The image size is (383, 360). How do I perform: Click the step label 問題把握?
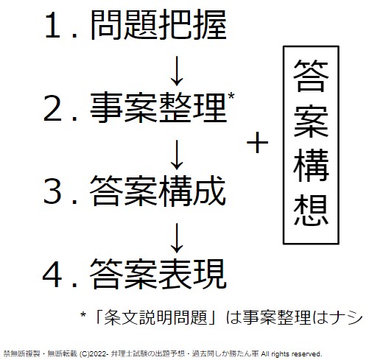tap(158, 25)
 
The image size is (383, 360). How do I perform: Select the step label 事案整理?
tap(158, 107)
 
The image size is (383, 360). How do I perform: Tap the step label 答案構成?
tap(158, 191)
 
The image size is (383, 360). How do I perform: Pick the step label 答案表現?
tap(158, 274)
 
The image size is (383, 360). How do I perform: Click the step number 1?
tap(52, 25)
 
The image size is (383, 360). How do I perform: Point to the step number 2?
tap(52, 108)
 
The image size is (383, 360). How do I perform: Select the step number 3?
tap(52, 191)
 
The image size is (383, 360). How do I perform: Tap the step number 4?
tap(52, 275)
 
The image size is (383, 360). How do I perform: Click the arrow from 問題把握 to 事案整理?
tap(177, 71)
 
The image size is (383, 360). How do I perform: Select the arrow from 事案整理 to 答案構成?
tap(177, 155)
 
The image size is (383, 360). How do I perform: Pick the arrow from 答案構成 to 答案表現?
tap(177, 238)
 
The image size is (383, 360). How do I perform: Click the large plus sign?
tap(257, 143)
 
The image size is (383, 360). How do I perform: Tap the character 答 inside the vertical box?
tap(311, 76)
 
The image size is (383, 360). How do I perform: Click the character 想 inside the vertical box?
tap(311, 210)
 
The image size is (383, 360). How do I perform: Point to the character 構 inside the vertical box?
tap(311, 166)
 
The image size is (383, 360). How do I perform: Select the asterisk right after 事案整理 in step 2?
tap(231, 96)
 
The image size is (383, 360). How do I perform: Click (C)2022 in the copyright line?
tap(94, 354)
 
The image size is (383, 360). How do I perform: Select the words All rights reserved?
tap(292, 354)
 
